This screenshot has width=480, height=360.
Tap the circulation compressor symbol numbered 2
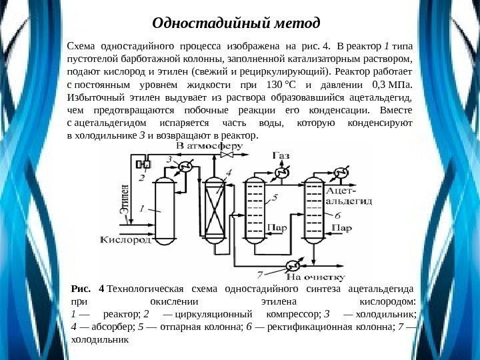pyautogui.click(x=140, y=164)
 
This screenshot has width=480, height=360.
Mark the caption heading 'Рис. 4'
pyautogui.click(x=88, y=289)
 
